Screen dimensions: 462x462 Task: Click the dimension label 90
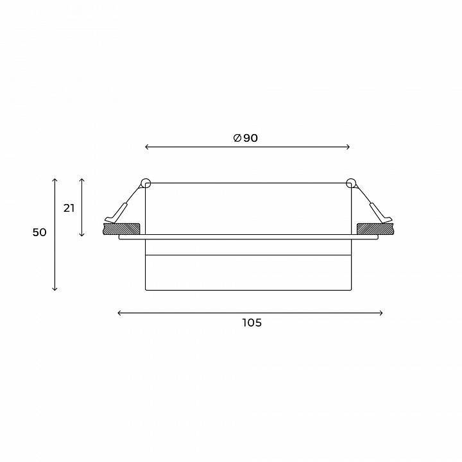(x=250, y=138)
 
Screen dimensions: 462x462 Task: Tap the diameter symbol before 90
(x=237, y=138)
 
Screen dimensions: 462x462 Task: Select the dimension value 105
(x=252, y=323)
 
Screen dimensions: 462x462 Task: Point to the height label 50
(x=40, y=232)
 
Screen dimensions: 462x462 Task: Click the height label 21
(x=69, y=209)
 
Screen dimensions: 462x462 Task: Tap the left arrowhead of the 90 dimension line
(x=146, y=147)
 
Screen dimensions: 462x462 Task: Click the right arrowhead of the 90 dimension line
(x=348, y=147)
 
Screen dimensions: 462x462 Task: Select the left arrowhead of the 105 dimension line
(x=119, y=313)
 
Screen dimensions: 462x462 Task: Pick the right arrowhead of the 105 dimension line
(x=382, y=313)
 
